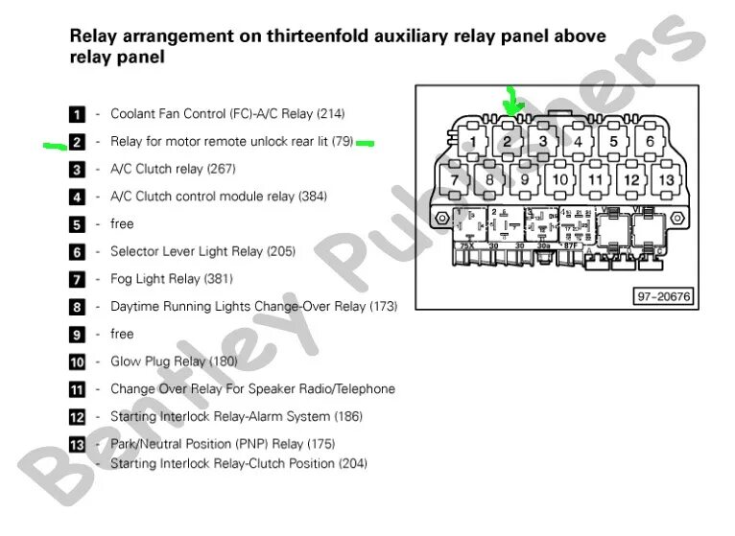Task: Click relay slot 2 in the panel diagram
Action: pos(507,142)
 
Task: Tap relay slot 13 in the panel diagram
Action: pos(665,179)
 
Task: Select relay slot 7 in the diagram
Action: pos(454,179)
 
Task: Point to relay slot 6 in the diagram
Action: pos(650,142)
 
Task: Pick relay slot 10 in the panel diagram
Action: pos(559,179)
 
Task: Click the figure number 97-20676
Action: pos(663,296)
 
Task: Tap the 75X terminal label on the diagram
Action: pos(466,246)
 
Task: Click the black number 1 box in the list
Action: pos(78,114)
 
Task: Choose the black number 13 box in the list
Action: pos(78,445)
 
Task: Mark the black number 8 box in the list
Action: pos(78,307)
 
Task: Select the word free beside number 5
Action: pos(122,223)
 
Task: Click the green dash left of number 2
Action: pos(54,145)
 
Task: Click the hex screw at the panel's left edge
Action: pos(441,219)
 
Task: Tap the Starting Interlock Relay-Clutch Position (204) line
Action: pos(239,463)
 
